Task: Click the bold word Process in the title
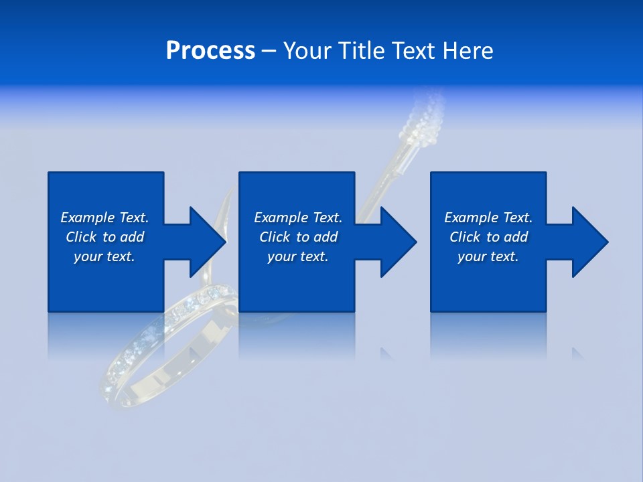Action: [210, 51]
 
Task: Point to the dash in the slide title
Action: [268, 52]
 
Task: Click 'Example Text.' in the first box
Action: [104, 218]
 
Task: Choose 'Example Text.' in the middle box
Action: [298, 218]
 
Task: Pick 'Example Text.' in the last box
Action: [488, 218]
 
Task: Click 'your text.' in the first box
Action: [104, 256]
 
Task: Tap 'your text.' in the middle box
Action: [298, 256]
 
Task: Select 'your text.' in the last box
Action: [488, 256]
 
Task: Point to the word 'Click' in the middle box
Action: [275, 237]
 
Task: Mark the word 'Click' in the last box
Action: [465, 237]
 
